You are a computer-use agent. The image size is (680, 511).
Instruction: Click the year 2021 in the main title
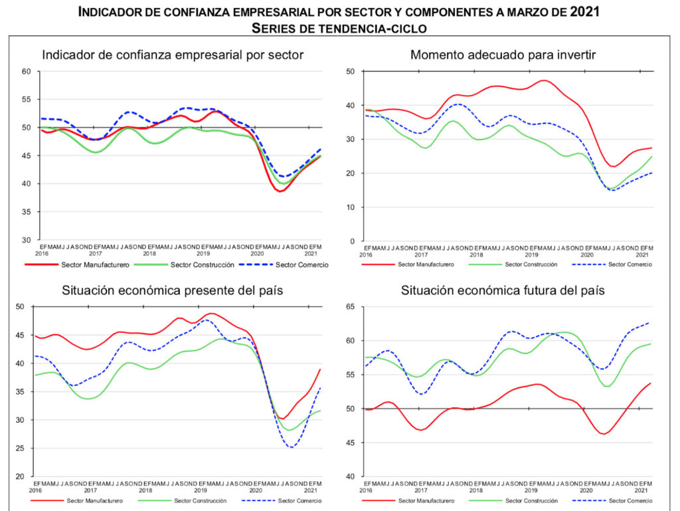[x=587, y=12]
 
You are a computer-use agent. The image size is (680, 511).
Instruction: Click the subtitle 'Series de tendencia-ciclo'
[x=339, y=28]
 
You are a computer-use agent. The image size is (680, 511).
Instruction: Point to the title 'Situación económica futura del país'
[x=503, y=290]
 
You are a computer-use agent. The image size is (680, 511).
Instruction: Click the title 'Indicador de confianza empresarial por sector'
[x=173, y=54]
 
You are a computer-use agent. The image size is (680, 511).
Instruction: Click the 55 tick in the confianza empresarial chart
[x=26, y=100]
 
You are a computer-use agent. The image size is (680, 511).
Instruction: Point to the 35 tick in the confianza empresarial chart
[x=26, y=212]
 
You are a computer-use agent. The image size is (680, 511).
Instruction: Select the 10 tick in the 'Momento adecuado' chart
[x=351, y=207]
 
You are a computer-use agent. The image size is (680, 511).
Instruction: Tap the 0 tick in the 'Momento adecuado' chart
[x=353, y=241]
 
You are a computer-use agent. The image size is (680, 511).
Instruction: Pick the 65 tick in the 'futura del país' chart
[x=351, y=307]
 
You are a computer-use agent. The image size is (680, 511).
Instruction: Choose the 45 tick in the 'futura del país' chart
[x=351, y=443]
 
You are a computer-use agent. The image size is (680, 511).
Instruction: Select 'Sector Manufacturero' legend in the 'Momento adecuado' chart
[x=426, y=264]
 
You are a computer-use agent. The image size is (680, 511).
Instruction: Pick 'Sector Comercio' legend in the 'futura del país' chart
[x=630, y=500]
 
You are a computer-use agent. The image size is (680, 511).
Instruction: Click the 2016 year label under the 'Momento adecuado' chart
[x=366, y=255]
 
